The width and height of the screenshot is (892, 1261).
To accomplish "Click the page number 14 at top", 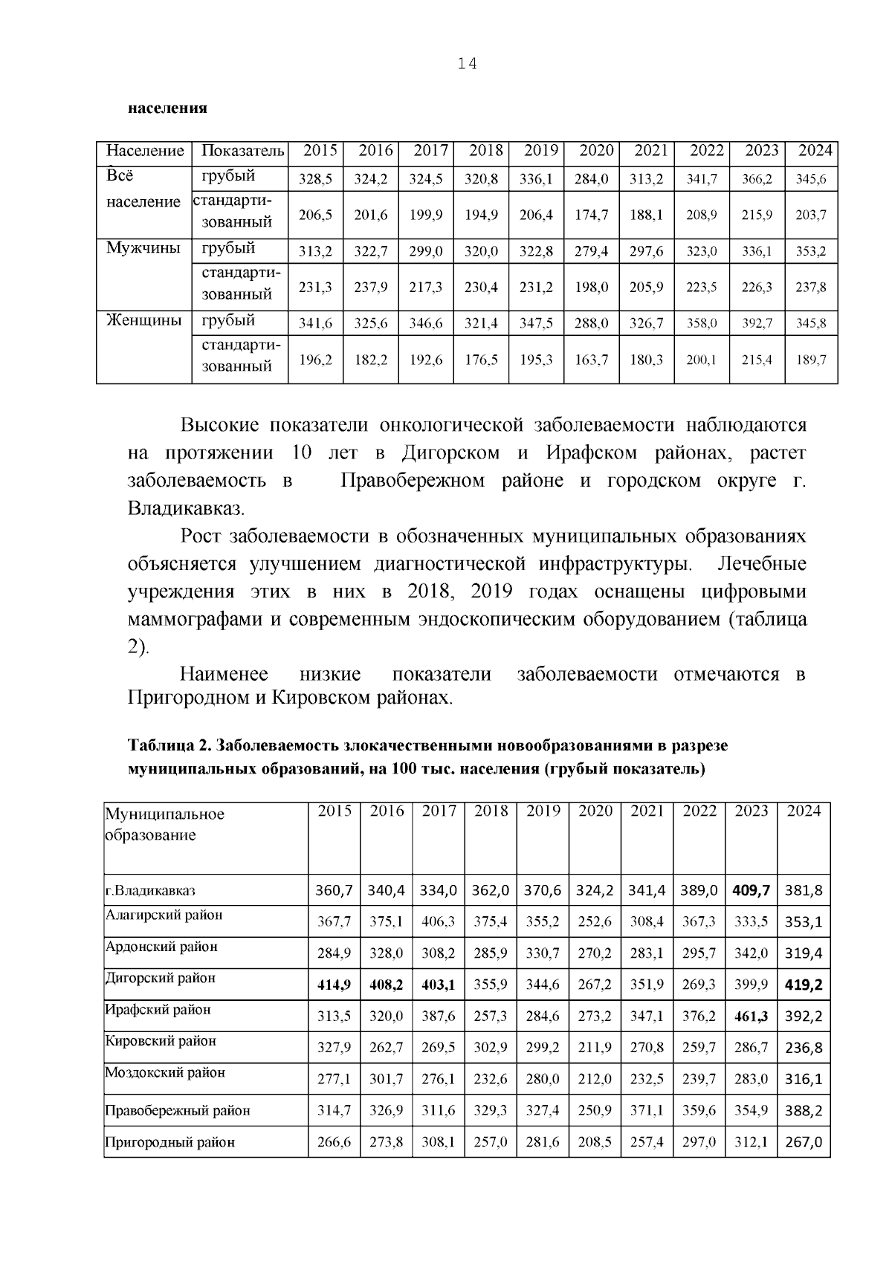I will click(467, 64).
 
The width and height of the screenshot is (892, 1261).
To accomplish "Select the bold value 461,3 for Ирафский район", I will click(751, 1016).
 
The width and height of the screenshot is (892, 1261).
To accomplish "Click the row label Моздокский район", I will click(165, 1072).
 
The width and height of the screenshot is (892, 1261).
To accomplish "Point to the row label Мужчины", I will click(143, 248).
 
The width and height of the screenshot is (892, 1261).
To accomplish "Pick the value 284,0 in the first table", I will click(592, 179).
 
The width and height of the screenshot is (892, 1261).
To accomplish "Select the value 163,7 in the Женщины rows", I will click(592, 360).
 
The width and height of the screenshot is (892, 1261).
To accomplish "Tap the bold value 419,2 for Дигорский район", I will click(804, 985).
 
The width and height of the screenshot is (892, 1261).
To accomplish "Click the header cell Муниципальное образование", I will click(164, 824).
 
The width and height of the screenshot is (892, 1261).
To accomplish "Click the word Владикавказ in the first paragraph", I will click(184, 510).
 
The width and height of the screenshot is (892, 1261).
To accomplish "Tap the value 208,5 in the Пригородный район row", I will click(594, 1142).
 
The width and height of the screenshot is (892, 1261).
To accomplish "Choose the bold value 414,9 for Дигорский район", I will click(334, 985).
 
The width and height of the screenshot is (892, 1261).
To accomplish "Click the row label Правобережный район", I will click(177, 1111).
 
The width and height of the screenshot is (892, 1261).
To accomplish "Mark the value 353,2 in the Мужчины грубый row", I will click(811, 252).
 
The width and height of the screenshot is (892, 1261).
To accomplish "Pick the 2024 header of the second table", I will click(804, 811).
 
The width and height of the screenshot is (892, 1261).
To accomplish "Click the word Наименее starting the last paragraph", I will click(224, 674).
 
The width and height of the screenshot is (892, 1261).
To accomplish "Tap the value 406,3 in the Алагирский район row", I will click(438, 921).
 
